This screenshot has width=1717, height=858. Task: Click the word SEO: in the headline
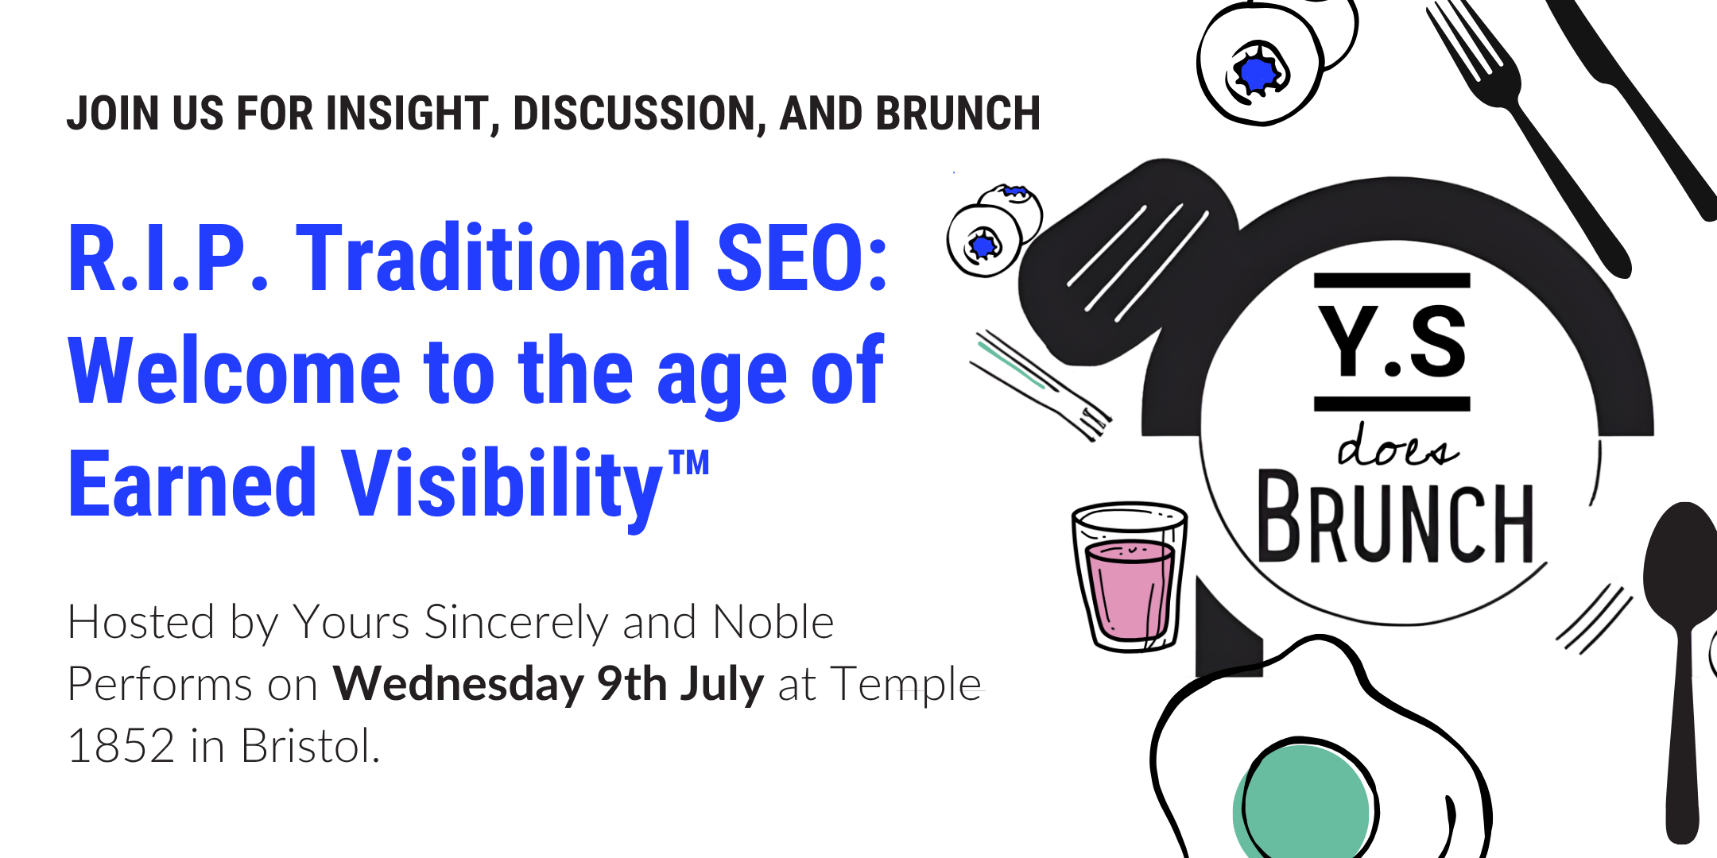[x=801, y=258]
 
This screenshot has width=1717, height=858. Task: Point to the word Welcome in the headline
[x=235, y=371]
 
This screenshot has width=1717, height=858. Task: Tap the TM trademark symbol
[x=688, y=462]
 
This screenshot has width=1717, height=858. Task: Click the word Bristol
[x=311, y=745]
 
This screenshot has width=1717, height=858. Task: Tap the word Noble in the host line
[x=773, y=622]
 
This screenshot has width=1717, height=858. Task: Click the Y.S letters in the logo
[x=1392, y=342]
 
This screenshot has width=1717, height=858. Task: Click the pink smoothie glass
[x=1129, y=576]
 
